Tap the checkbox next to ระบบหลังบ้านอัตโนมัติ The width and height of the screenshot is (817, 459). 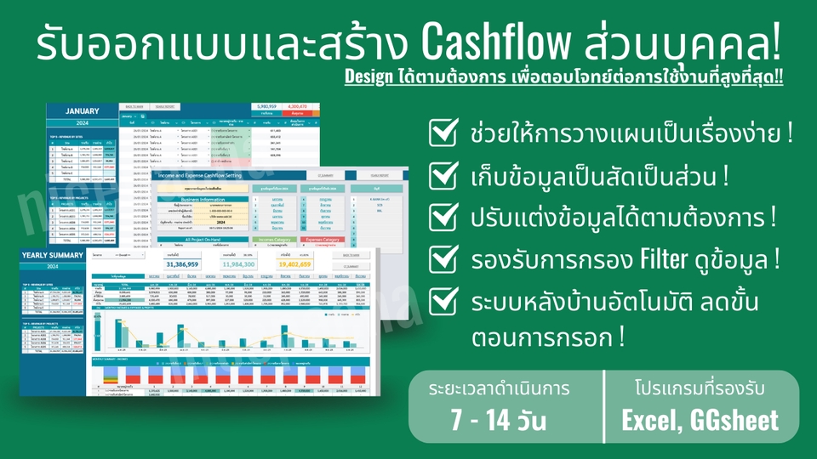tap(443, 300)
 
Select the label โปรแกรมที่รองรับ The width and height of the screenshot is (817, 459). tap(700, 389)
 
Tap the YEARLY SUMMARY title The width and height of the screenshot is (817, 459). tap(53, 256)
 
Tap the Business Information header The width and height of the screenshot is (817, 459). tap(203, 200)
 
